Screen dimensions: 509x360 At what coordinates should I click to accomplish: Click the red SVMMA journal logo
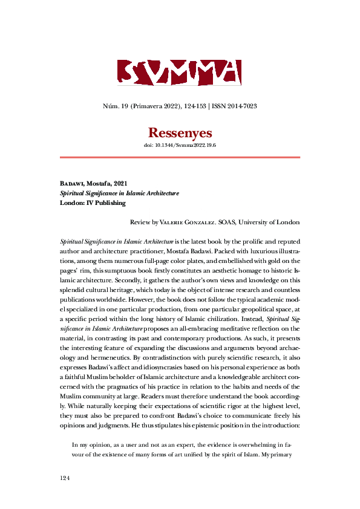(179, 73)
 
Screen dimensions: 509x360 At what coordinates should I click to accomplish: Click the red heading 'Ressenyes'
(180, 132)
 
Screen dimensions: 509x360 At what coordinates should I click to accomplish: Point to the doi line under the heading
(180, 146)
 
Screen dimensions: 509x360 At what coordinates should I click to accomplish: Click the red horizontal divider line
(180, 157)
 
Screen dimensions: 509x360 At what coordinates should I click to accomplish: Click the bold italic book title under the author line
(119, 193)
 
